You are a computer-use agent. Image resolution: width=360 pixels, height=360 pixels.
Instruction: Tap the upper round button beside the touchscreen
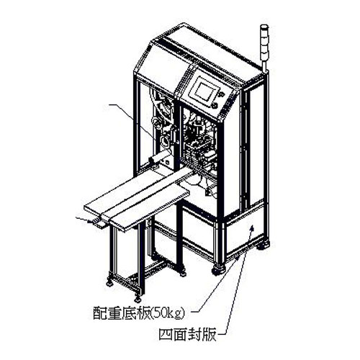222,94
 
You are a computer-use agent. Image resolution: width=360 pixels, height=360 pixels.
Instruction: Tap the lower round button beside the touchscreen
215,105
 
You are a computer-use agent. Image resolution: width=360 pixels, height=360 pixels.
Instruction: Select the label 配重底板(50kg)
139,312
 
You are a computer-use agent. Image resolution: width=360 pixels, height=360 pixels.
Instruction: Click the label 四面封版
187,334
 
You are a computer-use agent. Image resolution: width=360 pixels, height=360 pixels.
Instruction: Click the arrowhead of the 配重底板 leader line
237,257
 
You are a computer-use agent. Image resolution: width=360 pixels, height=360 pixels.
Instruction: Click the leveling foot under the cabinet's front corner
218,270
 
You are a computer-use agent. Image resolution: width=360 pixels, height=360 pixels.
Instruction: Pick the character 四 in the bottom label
166,335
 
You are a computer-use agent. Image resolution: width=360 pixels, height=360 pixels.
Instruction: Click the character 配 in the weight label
100,312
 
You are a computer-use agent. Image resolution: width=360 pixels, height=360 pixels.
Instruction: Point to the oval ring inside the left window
165,140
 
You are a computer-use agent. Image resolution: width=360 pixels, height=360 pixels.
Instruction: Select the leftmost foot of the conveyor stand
111,282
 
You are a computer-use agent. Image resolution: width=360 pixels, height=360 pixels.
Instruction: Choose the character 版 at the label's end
210,335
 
